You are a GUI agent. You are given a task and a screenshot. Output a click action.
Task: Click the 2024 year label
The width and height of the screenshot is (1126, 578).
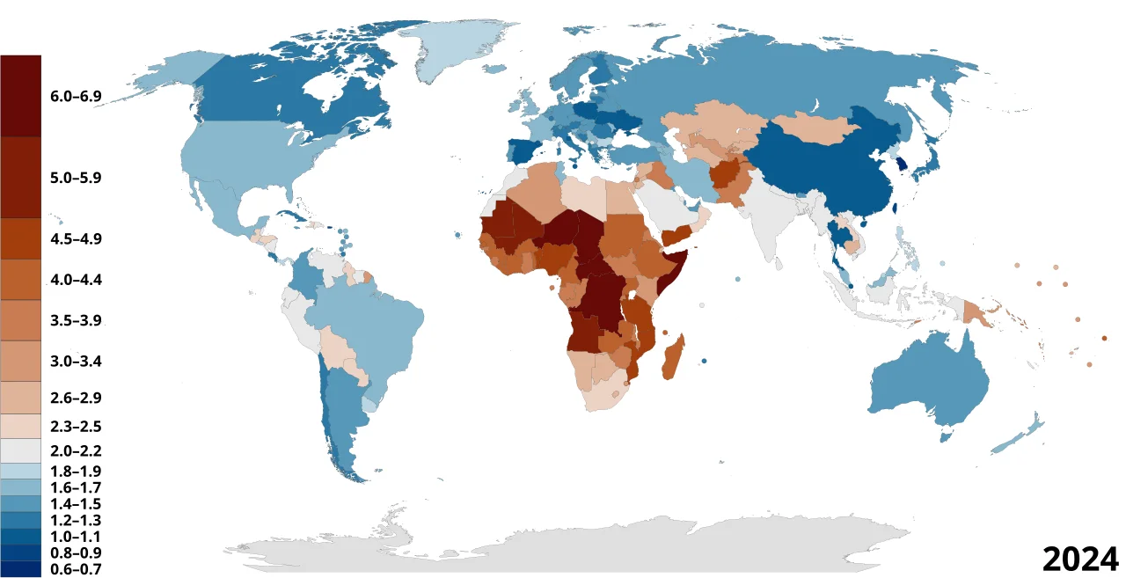point(1079,559)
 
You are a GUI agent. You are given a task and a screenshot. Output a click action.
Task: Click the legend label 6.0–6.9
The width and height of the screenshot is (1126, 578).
point(77,96)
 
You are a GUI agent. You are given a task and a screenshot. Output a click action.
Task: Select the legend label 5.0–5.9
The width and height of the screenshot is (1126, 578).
point(77,177)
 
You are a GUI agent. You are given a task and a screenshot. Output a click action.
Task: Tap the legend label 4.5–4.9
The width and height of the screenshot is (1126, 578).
point(77,238)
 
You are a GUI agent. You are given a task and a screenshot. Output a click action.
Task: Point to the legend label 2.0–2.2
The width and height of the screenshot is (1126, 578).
point(77,452)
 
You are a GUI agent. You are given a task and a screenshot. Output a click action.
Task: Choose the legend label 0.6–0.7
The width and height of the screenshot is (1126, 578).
point(77,569)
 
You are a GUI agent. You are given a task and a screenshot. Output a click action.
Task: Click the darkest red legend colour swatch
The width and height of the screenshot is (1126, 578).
point(20,95)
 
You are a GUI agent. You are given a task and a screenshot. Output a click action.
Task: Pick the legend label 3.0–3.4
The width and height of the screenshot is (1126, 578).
point(77,362)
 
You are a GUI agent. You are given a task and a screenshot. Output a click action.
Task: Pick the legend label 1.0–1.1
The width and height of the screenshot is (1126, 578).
point(77,537)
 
